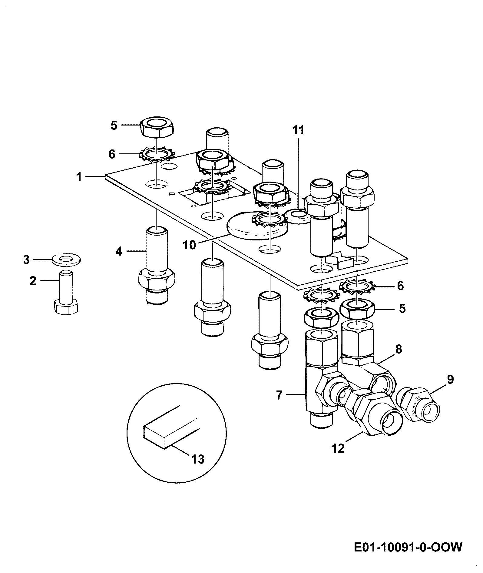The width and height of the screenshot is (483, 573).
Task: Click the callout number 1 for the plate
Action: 79,176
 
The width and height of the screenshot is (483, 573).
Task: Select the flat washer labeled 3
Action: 67,260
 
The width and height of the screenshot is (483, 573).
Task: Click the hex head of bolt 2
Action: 66,307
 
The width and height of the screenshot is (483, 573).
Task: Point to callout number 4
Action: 119,251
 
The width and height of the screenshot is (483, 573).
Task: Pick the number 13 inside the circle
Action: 198,459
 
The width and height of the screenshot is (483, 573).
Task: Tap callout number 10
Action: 190,245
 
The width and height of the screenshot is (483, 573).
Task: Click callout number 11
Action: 298,130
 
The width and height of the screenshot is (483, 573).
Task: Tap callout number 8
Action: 399,349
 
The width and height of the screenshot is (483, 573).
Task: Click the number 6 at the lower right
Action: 400,286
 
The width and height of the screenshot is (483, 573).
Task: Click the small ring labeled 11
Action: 298,216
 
